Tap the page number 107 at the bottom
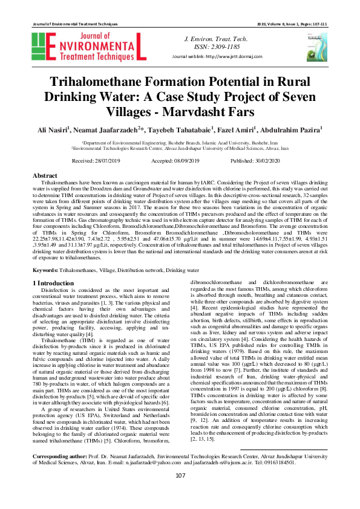180,492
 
